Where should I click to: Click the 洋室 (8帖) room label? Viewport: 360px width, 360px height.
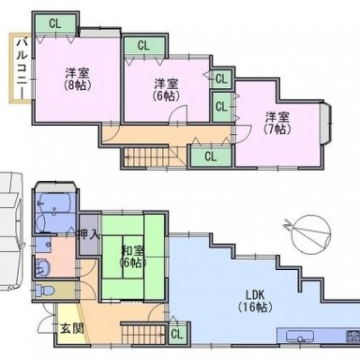pyautogui.click(x=77, y=79)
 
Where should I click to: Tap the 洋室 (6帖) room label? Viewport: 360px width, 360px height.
pyautogui.click(x=166, y=89)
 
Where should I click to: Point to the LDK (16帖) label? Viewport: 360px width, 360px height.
pyautogui.click(x=255, y=301)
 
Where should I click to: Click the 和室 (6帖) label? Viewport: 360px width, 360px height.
pyautogui.click(x=132, y=256)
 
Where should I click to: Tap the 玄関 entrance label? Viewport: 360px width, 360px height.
pyautogui.click(x=72, y=329)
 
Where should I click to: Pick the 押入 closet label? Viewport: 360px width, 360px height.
pyautogui.click(x=88, y=234)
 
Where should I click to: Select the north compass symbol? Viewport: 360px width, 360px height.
pyautogui.click(x=310, y=232)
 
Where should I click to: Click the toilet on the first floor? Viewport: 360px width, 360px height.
pyautogui.click(x=44, y=291)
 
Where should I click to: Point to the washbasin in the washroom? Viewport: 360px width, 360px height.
pyautogui.click(x=41, y=267)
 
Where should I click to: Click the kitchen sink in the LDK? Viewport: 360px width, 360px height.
pyautogui.click(x=300, y=337)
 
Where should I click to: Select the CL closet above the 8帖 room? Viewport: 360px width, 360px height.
pyautogui.click(x=55, y=23)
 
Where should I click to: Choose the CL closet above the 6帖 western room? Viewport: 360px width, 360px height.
pyautogui.click(x=144, y=46)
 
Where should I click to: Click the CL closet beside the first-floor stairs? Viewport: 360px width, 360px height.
pyautogui.click(x=177, y=334)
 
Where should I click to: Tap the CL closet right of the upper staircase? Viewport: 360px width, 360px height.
pyautogui.click(x=211, y=156)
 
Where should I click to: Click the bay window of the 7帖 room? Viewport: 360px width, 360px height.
pyautogui.click(x=326, y=124)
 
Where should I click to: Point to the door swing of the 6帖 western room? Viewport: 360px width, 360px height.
pyautogui.click(x=178, y=114)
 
